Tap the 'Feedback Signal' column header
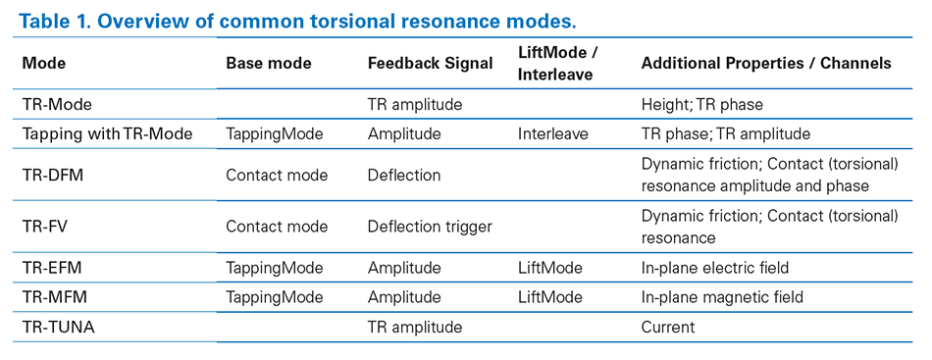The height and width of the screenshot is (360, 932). coord(430,63)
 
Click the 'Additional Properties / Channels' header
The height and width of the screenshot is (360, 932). coord(766,63)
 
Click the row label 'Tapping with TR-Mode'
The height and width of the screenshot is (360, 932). coord(107,133)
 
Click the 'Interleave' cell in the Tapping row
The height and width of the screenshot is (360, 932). coord(552,133)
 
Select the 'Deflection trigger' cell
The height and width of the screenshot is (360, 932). coord(430,227)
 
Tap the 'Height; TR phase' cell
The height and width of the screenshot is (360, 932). coord(701,104)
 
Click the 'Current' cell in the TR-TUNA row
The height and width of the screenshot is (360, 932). coord(667,327)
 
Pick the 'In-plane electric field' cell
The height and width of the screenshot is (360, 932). coord(714,267)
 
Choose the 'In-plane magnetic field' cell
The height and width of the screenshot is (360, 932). coord(722,296)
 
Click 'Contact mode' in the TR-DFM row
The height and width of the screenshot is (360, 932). coord(277,175)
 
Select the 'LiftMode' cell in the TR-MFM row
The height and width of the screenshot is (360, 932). coord(549,296)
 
